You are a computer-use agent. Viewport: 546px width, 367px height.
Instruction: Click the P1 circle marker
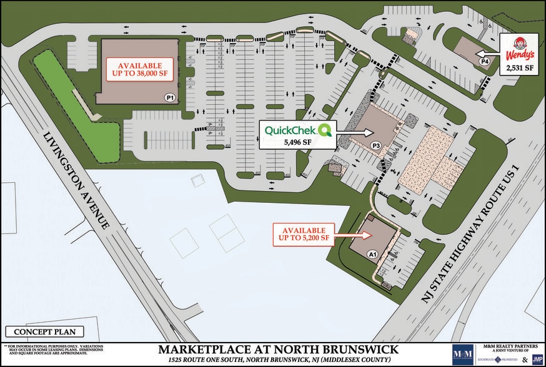[x=169, y=98]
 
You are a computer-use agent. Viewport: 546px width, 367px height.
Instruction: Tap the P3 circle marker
[x=376, y=146]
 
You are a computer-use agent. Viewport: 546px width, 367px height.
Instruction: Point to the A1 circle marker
[x=372, y=255]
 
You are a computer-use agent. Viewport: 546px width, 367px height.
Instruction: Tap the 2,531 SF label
[x=519, y=67]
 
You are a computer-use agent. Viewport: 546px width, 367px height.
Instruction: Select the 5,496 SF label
[x=297, y=142]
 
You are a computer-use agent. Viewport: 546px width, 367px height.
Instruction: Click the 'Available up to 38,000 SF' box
[x=141, y=69]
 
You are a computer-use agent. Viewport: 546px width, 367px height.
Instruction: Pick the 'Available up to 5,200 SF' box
[x=304, y=235]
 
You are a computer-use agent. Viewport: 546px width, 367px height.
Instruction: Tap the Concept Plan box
[x=38, y=332]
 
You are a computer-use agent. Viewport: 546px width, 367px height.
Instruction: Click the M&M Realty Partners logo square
[x=462, y=354]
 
